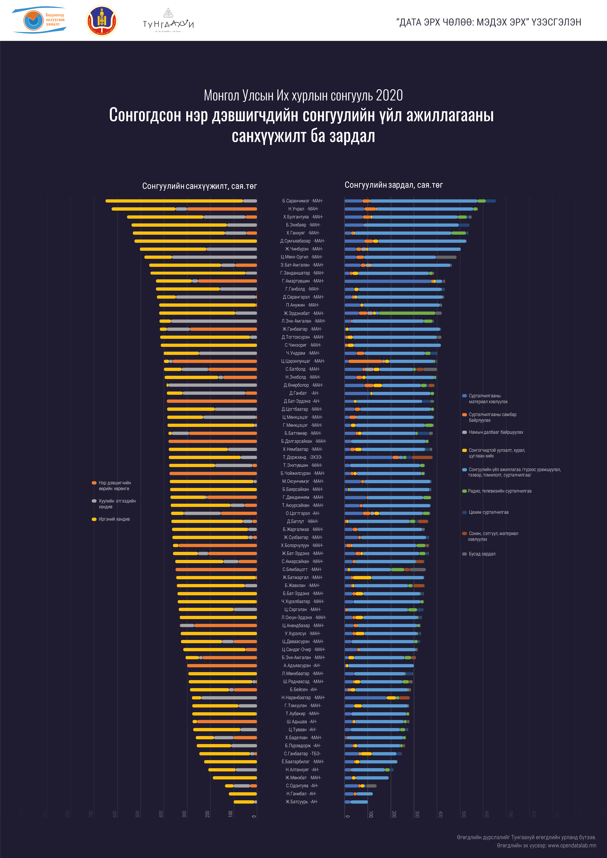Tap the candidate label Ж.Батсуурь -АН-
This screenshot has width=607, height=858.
tap(302, 802)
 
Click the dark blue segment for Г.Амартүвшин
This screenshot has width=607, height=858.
tap(388, 281)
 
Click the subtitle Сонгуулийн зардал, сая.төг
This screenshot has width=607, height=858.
tap(394, 185)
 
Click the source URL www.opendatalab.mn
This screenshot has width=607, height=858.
tap(572, 845)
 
